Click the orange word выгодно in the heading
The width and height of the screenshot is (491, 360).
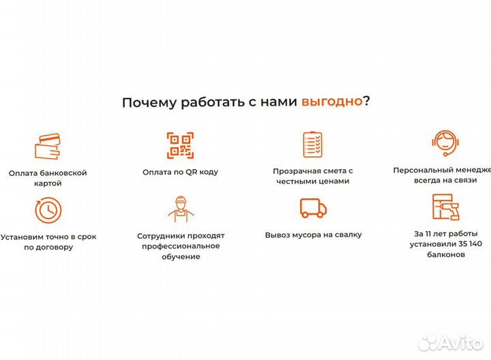click(331, 102)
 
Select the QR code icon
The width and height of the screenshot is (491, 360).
click(181, 145)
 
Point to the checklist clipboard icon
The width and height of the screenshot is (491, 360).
click(312, 144)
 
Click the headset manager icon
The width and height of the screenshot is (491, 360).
click(445, 144)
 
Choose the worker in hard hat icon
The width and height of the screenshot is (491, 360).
click(181, 209)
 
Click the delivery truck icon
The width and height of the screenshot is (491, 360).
click(313, 207)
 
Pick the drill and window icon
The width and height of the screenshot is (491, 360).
click(445, 207)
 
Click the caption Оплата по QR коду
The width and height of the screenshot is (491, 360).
click(181, 172)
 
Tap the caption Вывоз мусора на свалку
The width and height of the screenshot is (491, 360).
click(313, 235)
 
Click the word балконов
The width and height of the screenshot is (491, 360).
click(445, 254)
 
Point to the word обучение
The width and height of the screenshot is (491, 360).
click(181, 256)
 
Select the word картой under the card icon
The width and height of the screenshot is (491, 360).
click(47, 183)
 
